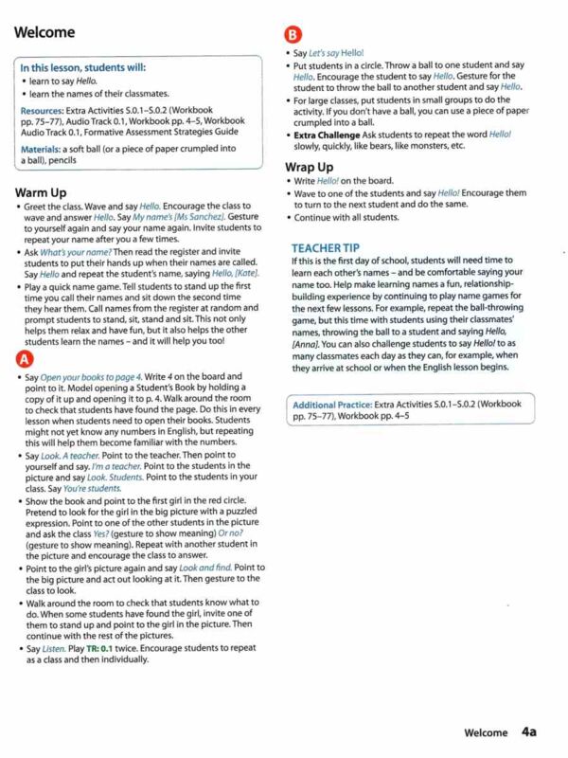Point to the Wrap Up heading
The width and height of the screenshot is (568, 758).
[x=312, y=167]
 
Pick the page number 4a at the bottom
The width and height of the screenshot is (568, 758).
[x=529, y=731]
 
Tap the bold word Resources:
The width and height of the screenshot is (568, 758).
[x=44, y=110]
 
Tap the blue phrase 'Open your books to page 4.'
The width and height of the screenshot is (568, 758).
[x=85, y=376]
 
